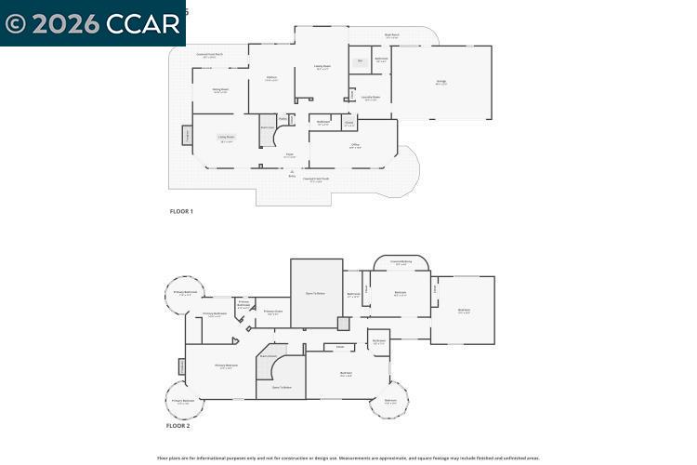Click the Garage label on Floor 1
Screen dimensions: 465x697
coord(441,82)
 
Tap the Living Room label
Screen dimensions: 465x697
coord(227,138)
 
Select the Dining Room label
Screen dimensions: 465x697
coord(220,89)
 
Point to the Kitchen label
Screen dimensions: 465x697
coord(271,78)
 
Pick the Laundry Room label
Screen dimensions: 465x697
coord(370,97)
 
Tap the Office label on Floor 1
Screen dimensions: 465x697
coord(355,145)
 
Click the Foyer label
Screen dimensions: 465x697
coord(289,155)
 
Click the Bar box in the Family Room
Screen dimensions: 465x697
coord(360,62)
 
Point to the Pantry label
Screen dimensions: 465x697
coord(283,118)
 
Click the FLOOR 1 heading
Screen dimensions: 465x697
coord(181,211)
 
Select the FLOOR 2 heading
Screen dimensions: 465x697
coord(178,425)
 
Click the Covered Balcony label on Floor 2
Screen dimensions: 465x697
coord(401,261)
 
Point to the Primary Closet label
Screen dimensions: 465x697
coord(272,312)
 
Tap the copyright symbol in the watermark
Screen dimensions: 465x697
coord(15,24)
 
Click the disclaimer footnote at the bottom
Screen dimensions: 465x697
coord(348,458)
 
